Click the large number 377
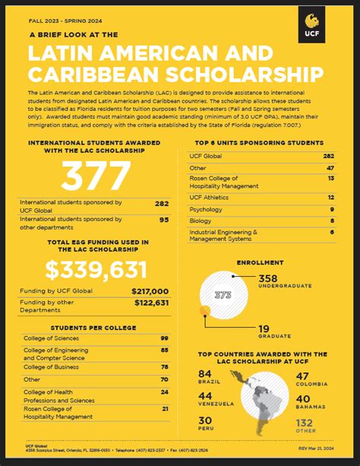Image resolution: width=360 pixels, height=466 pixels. [96, 178]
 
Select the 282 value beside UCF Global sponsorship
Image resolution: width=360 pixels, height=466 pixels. [161, 204]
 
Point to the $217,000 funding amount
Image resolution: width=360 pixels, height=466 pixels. [150, 291]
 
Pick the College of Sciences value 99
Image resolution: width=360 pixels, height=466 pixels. [164, 338]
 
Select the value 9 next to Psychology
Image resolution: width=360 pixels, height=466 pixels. [332, 209]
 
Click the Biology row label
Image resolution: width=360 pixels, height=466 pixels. [201, 220]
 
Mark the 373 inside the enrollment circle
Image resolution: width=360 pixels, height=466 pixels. [223, 295]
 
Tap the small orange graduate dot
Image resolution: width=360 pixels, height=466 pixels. [203, 310]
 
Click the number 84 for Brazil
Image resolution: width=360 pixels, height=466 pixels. [204, 375]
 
